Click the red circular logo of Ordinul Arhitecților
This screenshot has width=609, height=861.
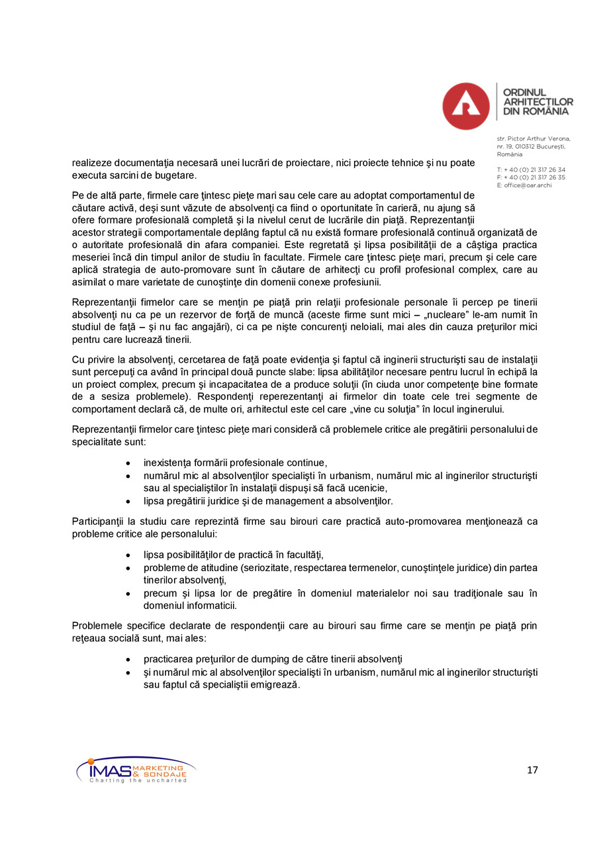tap(465, 106)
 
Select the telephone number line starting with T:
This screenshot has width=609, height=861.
tap(531, 170)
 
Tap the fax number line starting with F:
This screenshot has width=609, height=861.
tap(531, 177)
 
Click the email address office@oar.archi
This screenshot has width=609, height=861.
tap(528, 185)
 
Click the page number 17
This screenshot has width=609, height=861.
tap(532, 770)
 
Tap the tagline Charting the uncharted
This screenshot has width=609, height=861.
tap(138, 781)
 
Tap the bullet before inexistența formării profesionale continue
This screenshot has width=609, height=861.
tap(128, 463)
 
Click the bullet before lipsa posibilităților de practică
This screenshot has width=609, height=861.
tap(128, 555)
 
